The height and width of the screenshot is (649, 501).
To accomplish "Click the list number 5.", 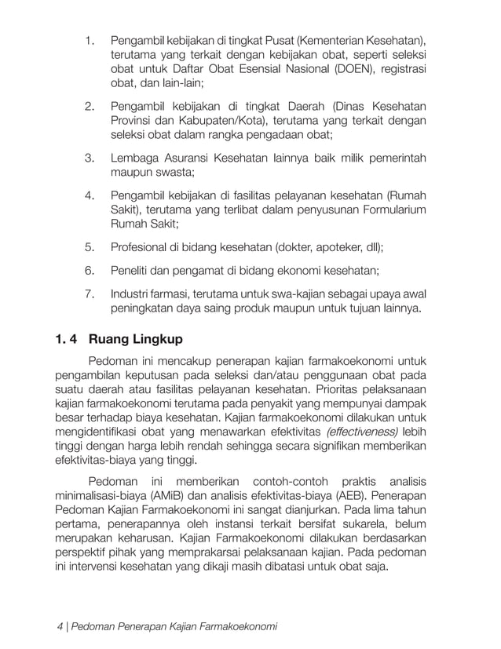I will click(x=90, y=248).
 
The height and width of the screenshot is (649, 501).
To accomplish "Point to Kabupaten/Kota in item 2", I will click(x=236, y=120).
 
